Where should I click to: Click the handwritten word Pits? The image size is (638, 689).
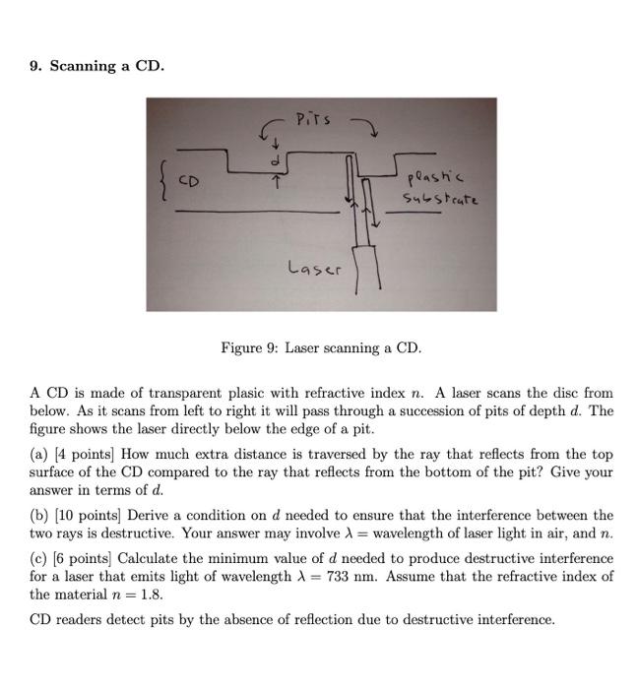click(314, 121)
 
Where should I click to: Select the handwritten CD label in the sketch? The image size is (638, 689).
click(189, 182)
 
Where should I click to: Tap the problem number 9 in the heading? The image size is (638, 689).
click(34, 66)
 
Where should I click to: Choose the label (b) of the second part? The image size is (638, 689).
click(39, 515)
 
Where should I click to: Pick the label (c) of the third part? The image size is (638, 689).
click(39, 558)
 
